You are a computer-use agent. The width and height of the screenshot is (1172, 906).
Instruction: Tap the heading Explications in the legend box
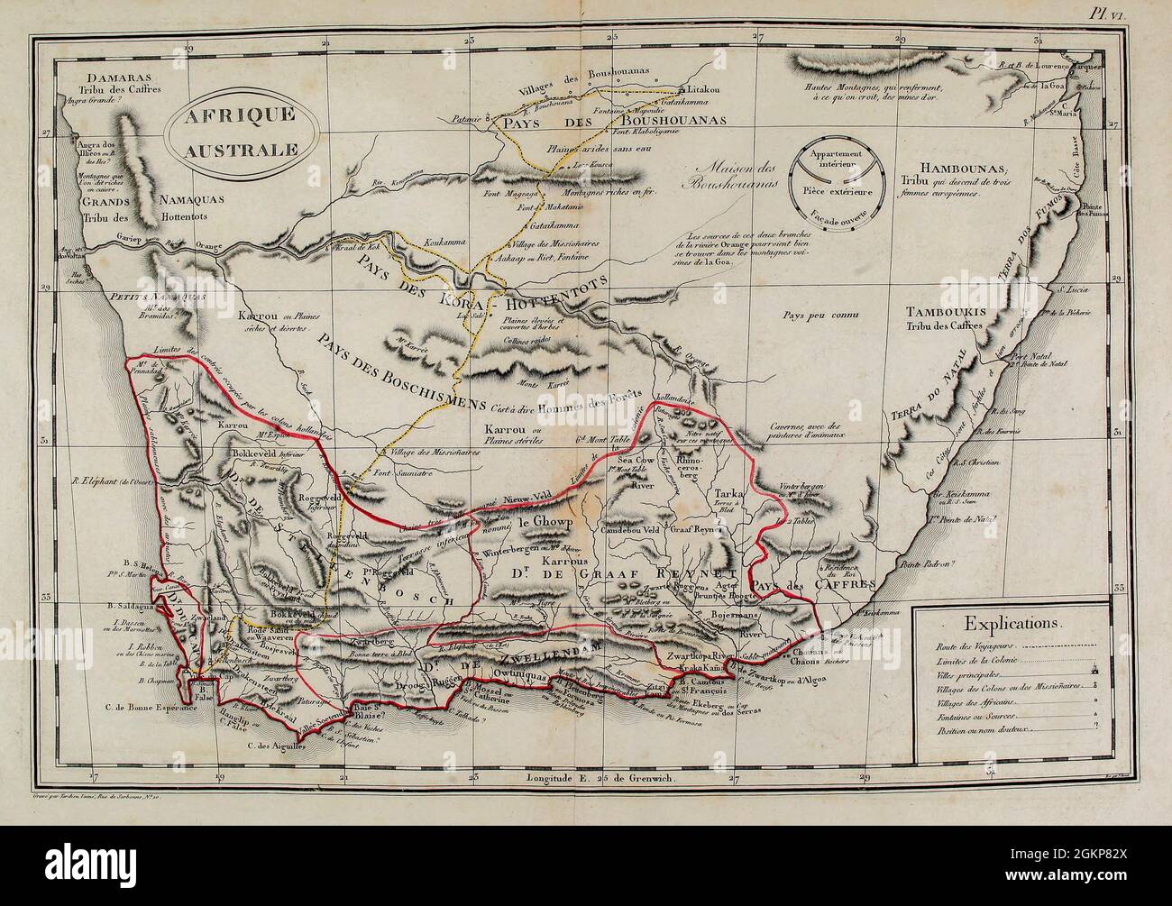coord(1014,622)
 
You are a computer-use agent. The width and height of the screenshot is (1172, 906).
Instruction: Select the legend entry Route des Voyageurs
coord(957,646)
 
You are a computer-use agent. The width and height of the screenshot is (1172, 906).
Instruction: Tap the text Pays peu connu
coord(819,316)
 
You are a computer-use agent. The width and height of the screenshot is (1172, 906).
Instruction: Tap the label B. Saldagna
coord(129,606)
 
